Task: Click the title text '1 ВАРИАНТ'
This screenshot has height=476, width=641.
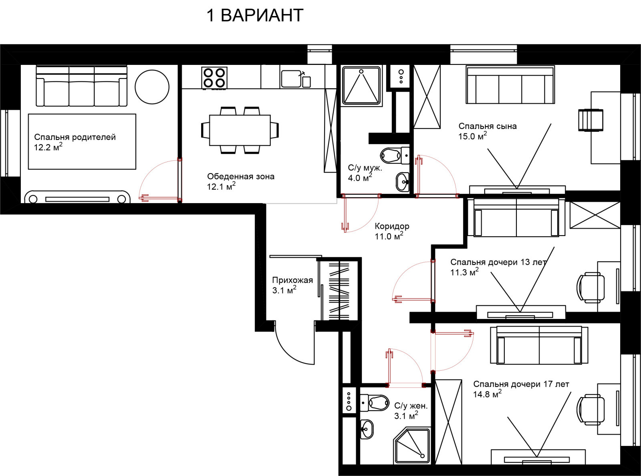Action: tap(255, 15)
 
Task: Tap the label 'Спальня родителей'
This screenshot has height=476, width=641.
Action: tap(75, 137)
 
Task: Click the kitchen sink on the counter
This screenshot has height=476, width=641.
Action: tap(291, 78)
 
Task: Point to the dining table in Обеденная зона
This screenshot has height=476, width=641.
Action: tap(240, 130)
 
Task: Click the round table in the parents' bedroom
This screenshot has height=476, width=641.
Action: tap(152, 87)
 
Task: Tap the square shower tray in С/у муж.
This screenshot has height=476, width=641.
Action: tap(361, 85)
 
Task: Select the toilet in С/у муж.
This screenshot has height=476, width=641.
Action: tap(395, 155)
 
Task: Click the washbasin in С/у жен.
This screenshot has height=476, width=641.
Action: tap(367, 429)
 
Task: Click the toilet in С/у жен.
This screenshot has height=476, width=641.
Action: tap(373, 403)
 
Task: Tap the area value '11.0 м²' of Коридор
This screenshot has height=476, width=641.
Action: tap(389, 236)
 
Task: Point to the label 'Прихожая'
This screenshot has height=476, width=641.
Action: tap(292, 280)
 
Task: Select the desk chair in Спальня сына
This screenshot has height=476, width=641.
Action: tap(591, 120)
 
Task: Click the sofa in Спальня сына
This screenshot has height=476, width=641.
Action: tap(510, 85)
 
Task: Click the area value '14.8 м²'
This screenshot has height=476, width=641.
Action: tap(487, 393)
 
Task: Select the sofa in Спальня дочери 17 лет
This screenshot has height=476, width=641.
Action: tap(539, 345)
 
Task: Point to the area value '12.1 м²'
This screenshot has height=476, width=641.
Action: tap(221, 186)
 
